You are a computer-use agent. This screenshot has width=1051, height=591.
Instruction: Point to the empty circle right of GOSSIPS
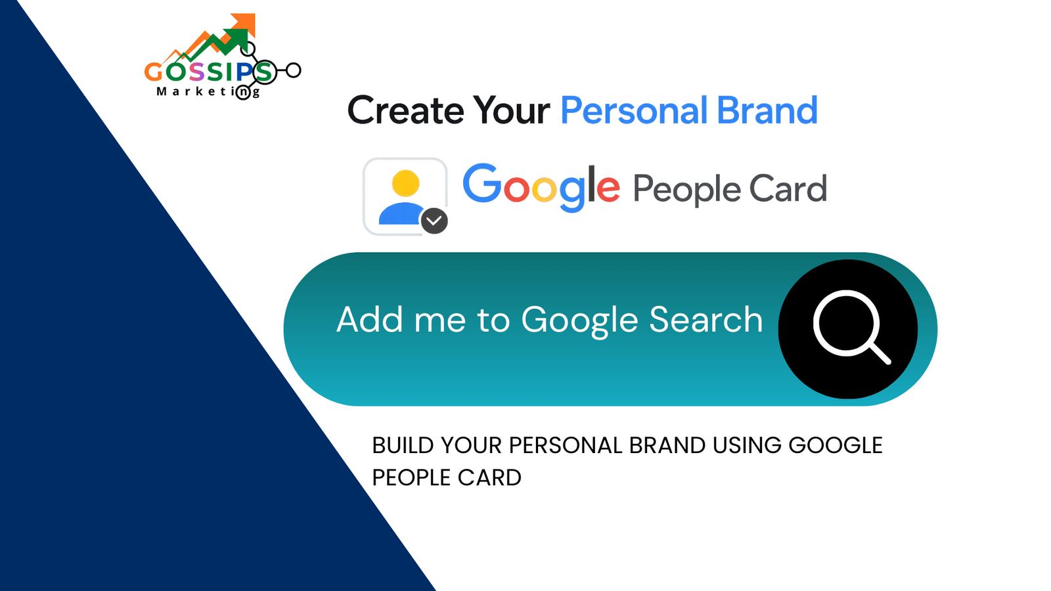[294, 70]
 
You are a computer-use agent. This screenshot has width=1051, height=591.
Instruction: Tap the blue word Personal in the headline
[633, 110]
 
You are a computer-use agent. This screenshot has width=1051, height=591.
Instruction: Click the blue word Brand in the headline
[767, 110]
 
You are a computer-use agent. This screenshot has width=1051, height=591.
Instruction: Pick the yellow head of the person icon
[405, 183]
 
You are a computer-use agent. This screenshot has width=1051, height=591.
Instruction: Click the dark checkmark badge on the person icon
[434, 221]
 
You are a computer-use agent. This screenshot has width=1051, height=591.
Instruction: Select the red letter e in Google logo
[608, 188]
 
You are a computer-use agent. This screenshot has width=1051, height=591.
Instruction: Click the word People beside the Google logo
[686, 190]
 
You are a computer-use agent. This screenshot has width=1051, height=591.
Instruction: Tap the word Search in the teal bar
[705, 320]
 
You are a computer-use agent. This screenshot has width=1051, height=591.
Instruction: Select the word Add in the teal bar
[369, 320]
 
